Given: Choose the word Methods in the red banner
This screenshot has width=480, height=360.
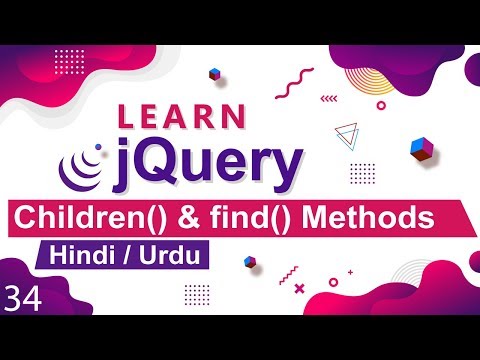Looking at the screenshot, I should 370,215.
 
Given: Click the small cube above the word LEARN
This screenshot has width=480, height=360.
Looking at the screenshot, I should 214,73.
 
